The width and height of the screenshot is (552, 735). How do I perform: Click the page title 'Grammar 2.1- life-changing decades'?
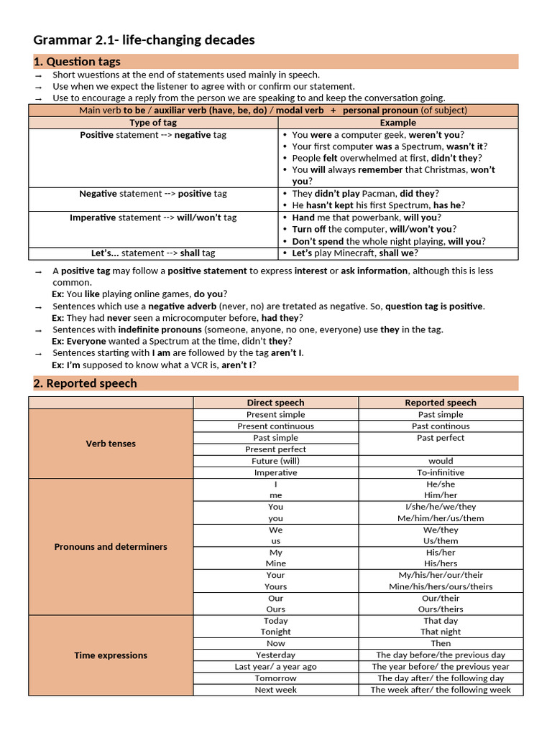tap(144, 40)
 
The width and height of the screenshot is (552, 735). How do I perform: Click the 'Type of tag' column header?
tap(153, 123)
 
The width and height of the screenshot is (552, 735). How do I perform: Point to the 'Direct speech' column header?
tap(275, 403)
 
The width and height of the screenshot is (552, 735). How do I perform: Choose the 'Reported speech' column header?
tap(441, 403)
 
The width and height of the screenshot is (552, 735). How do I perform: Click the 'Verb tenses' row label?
tap(111, 444)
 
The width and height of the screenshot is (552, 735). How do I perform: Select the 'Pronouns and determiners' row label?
tap(111, 547)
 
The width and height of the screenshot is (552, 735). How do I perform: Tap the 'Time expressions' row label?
tap(111, 655)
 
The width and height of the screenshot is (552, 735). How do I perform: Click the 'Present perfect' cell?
tap(275, 449)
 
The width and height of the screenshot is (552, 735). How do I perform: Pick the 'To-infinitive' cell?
tap(441, 473)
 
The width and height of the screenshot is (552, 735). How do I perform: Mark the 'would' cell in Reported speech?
tap(441, 461)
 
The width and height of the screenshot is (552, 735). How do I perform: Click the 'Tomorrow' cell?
tap(275, 678)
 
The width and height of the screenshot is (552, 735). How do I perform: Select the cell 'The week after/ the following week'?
tap(441, 690)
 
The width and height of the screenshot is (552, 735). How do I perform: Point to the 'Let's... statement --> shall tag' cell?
tap(153, 253)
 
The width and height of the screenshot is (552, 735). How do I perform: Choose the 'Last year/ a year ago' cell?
tap(275, 667)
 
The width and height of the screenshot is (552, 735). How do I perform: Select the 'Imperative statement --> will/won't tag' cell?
tap(153, 217)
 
